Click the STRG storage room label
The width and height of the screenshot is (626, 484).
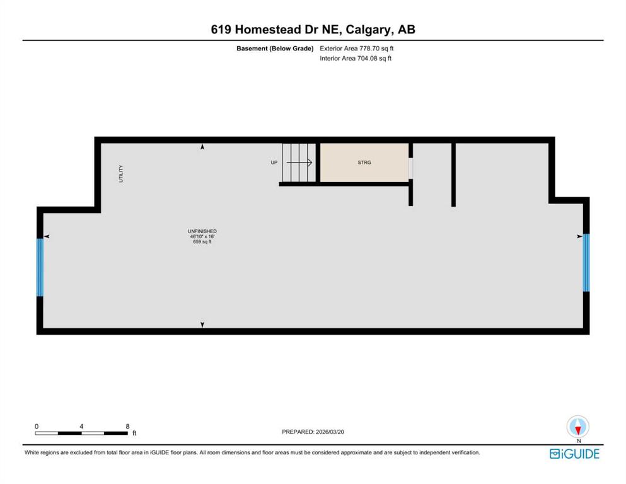click(x=364, y=163)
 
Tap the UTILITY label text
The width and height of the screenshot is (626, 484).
click(x=121, y=173)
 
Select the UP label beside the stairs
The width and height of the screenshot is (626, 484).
click(x=274, y=163)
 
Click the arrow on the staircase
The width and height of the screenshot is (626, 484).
click(x=299, y=163)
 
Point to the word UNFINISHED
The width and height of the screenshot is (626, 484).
click(x=202, y=231)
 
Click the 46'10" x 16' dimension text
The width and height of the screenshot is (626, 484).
click(x=202, y=236)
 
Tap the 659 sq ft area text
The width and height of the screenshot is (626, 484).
click(x=202, y=241)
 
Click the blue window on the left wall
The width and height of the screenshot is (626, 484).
click(x=40, y=267)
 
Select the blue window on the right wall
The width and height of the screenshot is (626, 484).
click(x=586, y=263)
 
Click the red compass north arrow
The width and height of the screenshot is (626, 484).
click(x=577, y=430)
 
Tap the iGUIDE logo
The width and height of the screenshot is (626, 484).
click(x=574, y=454)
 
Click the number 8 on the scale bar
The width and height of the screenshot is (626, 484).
click(x=127, y=426)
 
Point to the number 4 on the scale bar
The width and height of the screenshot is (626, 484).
click(x=81, y=426)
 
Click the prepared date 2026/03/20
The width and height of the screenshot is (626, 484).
click(x=330, y=432)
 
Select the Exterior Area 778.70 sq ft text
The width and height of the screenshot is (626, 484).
click(x=357, y=49)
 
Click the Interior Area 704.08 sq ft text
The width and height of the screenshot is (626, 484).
click(x=356, y=58)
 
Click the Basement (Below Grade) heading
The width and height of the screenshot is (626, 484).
click(x=275, y=49)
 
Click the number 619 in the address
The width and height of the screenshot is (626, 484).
click(x=221, y=30)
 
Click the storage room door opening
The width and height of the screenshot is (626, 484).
click(x=410, y=168)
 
